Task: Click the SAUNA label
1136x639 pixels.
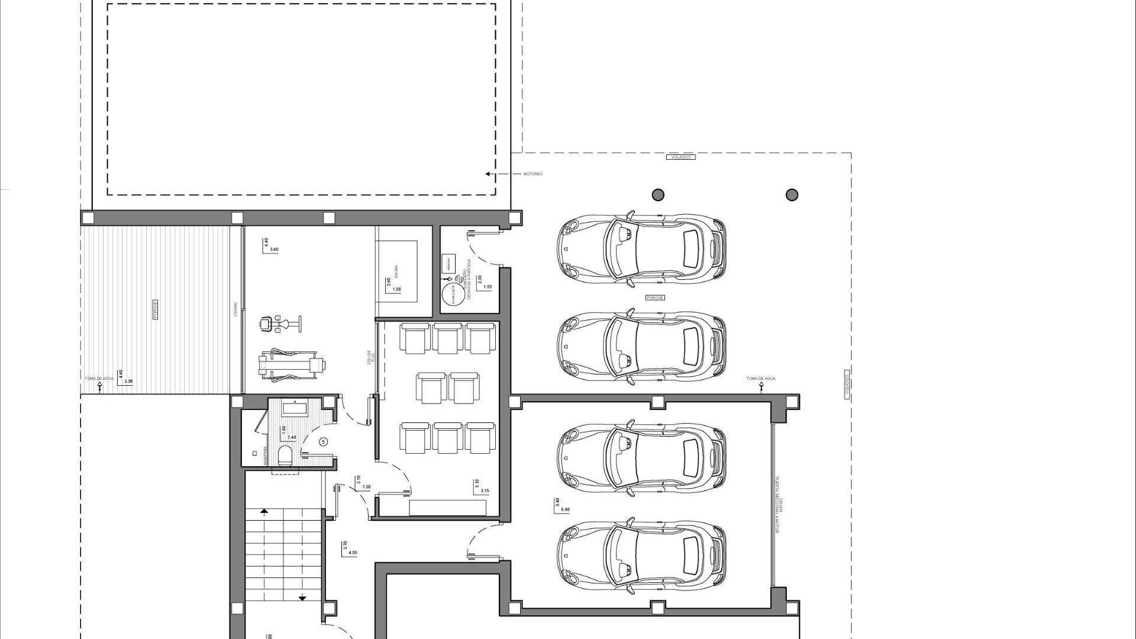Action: click(x=396, y=271)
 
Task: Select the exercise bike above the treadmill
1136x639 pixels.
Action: click(x=280, y=324)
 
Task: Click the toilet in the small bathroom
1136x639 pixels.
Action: click(x=285, y=456)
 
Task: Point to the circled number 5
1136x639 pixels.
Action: click(x=324, y=441)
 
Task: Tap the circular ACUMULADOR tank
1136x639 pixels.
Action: click(x=452, y=293)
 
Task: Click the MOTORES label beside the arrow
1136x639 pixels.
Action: click(x=532, y=174)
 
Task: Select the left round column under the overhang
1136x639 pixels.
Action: click(x=658, y=195)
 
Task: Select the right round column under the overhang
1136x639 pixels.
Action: click(x=792, y=195)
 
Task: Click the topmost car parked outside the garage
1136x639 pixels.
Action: click(x=641, y=248)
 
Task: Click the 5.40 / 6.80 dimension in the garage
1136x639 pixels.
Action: click(x=561, y=505)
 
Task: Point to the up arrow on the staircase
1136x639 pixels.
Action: click(x=264, y=511)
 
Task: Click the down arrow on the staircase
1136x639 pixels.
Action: click(x=302, y=598)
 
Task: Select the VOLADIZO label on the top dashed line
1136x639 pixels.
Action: click(x=680, y=157)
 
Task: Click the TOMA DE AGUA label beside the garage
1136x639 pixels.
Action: click(x=760, y=379)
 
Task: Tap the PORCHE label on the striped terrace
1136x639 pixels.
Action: click(x=156, y=309)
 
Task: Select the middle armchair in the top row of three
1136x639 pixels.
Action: click(x=447, y=338)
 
